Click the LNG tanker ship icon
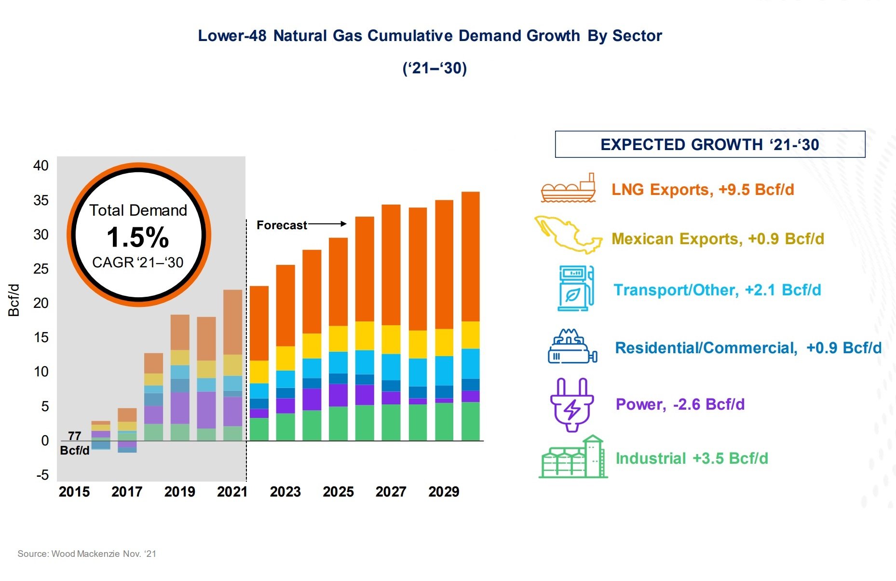pyautogui.click(x=568, y=188)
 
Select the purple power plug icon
pyautogui.click(x=572, y=405)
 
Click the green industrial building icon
pyautogui.click(x=573, y=457)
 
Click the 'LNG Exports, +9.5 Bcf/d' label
pyautogui.click(x=703, y=190)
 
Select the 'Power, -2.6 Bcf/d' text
pyautogui.click(x=680, y=404)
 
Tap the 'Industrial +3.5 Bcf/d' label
pyautogui.click(x=692, y=458)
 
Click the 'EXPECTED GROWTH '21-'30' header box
pyautogui.click(x=710, y=144)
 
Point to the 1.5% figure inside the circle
pyautogui.click(x=138, y=237)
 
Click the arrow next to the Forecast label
pyautogui.click(x=327, y=224)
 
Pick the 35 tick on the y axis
pyautogui.click(x=41, y=200)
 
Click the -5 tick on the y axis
pyautogui.click(x=42, y=475)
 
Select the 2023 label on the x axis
pyautogui.click(x=285, y=492)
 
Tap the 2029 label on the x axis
pyautogui.click(x=444, y=492)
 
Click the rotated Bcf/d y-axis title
pyautogui.click(x=14, y=300)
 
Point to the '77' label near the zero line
pyautogui.click(x=74, y=436)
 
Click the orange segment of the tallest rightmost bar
pyautogui.click(x=470, y=256)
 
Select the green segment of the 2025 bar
pyautogui.click(x=338, y=424)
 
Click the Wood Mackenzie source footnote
pyautogui.click(x=87, y=554)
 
